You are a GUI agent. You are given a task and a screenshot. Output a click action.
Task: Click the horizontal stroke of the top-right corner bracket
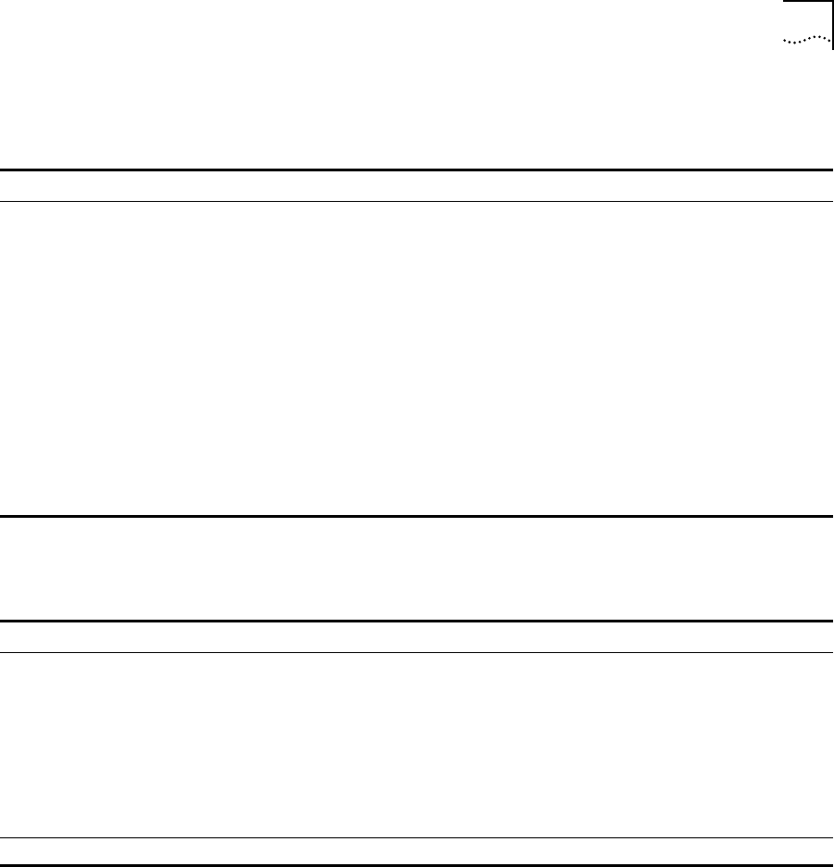tap(808, 3)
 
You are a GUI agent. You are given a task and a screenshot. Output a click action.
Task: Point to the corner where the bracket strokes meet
tap(832, 3)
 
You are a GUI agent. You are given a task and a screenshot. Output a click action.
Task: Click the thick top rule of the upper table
tap(417, 170)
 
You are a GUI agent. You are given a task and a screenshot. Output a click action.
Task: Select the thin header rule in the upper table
tap(417, 201)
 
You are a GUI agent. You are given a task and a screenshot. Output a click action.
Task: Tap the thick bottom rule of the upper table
tap(417, 516)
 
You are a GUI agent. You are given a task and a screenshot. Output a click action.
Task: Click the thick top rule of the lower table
tap(417, 621)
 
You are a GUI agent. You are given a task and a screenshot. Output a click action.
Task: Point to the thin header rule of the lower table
tap(417, 652)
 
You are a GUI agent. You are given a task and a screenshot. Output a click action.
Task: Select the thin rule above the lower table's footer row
tap(417, 838)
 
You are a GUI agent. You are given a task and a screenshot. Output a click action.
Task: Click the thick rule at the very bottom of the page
tap(417, 865)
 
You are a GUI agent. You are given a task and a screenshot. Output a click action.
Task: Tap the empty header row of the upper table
tap(417, 185)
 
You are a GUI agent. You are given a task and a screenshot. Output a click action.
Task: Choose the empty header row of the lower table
tap(417, 636)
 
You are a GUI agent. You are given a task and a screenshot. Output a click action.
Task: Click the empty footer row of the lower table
tap(417, 852)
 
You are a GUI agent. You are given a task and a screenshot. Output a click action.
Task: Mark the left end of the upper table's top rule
tap(2, 170)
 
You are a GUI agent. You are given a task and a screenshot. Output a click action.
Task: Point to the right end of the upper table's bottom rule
tap(831, 516)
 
